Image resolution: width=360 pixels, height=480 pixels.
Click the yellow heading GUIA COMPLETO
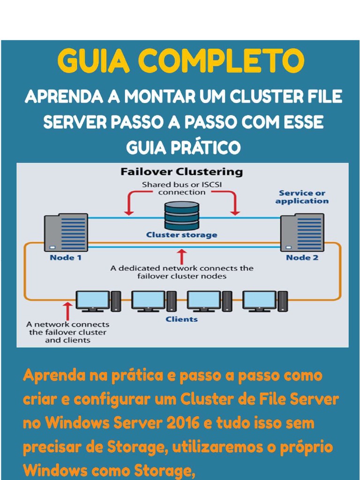point(180,61)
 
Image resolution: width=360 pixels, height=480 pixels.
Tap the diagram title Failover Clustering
point(181,172)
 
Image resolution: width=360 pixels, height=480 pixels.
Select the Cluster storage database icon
point(181,215)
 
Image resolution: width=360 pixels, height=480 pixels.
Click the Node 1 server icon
point(66,232)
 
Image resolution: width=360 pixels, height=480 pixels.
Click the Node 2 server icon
point(302,232)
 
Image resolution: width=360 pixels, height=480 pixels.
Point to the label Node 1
point(66,257)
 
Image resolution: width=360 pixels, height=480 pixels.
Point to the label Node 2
point(302,257)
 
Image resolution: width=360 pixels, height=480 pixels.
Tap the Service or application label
point(302,197)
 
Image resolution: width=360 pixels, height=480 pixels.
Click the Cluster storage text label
point(181,235)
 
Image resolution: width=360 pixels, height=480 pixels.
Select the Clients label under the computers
point(181,319)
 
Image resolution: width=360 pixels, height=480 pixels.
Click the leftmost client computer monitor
point(92,300)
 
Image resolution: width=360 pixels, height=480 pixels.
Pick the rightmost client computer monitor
point(259,300)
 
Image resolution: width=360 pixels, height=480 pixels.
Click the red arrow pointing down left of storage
point(127,204)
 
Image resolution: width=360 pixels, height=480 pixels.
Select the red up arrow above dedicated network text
point(182,256)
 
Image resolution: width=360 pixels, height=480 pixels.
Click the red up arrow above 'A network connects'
point(68,310)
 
